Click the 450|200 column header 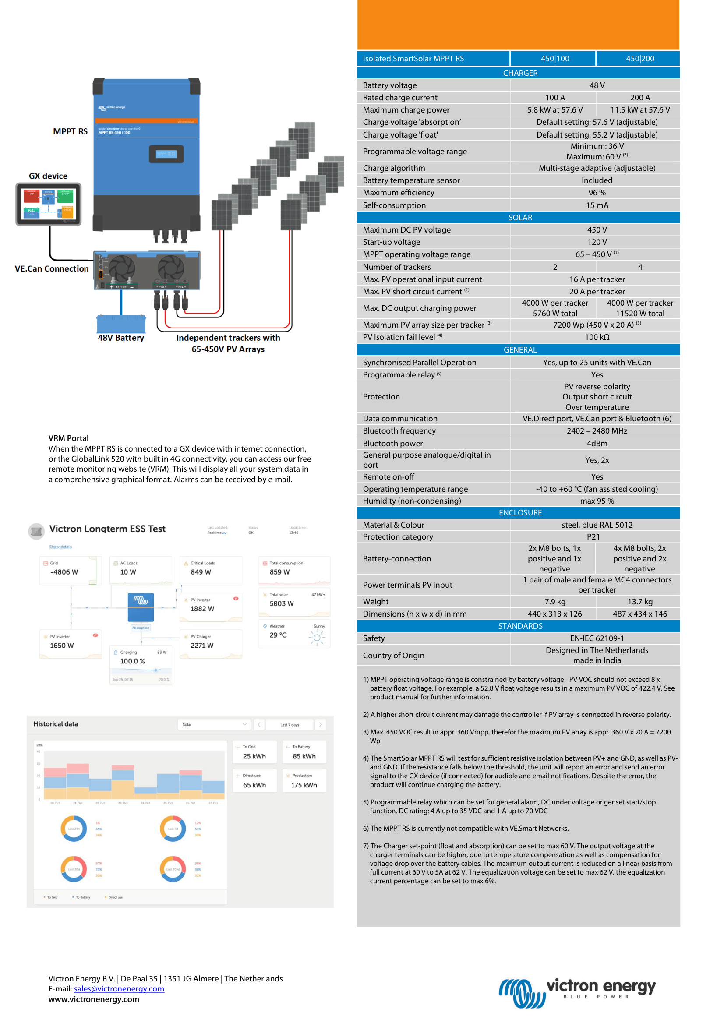[x=640, y=58]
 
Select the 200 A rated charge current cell [x=640, y=98]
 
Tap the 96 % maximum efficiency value [x=597, y=193]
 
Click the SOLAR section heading [x=520, y=218]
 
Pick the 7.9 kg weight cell [x=554, y=601]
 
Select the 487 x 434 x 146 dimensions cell [x=640, y=614]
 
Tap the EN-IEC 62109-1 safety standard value [x=597, y=638]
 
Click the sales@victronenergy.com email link [x=119, y=989]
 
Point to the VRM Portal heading [x=69, y=438]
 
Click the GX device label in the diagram [x=48, y=176]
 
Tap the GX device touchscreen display [x=49, y=204]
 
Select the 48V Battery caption [x=121, y=338]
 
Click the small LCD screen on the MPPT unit [x=166, y=154]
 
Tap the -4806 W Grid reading [x=64, y=572]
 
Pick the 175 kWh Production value [x=304, y=785]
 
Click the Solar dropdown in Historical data [x=214, y=724]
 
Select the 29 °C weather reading [x=278, y=635]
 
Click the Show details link [x=60, y=547]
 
